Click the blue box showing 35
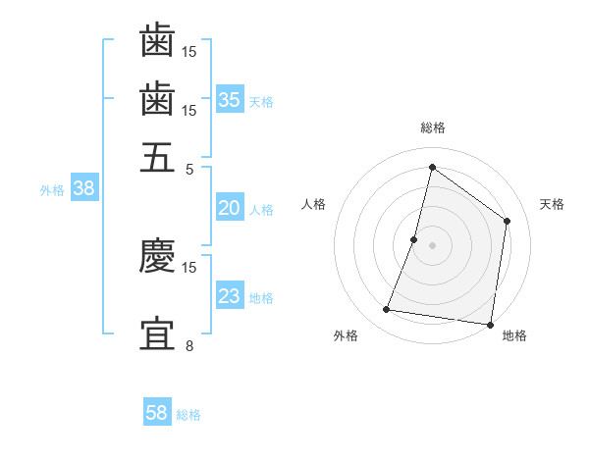pos(230,99)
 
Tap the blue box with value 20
pos(230,208)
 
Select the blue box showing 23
pos(230,296)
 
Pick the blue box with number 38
pos(83,189)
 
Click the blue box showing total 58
pos(157,413)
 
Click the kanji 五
pos(157,157)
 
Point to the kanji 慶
pos(157,256)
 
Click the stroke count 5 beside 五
pos(190,169)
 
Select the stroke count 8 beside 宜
pos(190,346)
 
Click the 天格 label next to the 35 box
pos(261,101)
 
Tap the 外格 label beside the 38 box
pos(52,190)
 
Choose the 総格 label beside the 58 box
pos(188,415)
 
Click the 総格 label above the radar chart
pos(433,128)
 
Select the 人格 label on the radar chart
pos(313,204)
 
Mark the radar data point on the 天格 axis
pos(508,221)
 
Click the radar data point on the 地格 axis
pos(490,324)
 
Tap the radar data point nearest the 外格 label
pos(387,310)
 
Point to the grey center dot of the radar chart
pos(433,245)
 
